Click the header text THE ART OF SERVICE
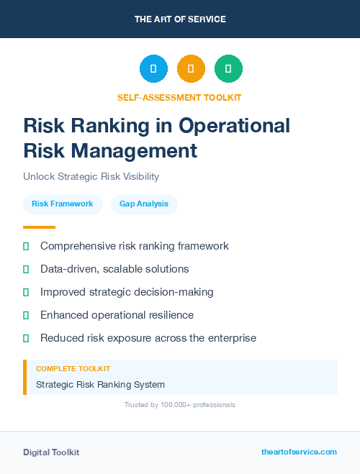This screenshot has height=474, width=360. tap(180, 19)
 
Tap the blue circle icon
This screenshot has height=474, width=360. tap(153, 68)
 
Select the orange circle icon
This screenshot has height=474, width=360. tap(191, 68)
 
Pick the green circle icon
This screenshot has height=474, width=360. tap(228, 68)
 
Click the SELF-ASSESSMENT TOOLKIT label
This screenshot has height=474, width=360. tap(179, 97)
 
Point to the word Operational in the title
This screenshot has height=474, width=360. tap(235, 126)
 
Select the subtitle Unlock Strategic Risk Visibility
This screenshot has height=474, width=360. tap(91, 176)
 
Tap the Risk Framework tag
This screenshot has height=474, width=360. tap(63, 204)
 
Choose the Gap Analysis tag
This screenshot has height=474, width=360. tap(144, 204)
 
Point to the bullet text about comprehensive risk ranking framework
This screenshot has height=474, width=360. tap(134, 246)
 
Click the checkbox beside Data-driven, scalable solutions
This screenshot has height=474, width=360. tap(26, 269)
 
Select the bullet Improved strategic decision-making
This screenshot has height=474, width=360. tap(127, 292)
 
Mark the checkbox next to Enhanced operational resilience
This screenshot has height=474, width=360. tap(26, 315)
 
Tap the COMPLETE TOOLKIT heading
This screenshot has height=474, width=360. tap(73, 368)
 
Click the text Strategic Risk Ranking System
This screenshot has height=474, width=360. tap(100, 384)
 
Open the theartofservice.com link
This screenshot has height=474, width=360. tap(299, 452)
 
